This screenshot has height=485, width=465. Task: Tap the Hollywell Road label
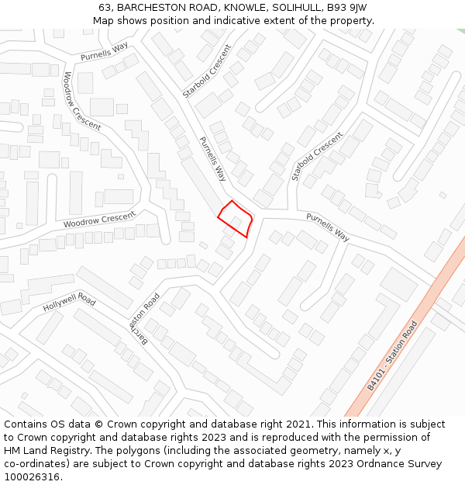(69, 303)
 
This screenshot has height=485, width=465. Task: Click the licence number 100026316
(31, 477)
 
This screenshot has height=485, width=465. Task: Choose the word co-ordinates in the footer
(35, 464)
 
